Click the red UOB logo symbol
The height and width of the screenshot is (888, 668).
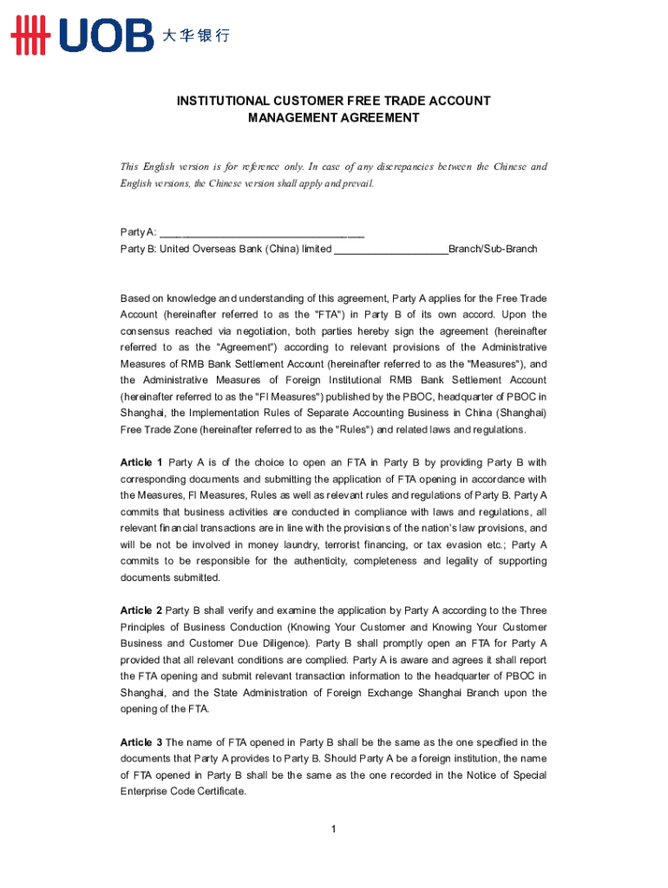tap(31, 35)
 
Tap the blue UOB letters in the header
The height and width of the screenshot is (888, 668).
tap(106, 35)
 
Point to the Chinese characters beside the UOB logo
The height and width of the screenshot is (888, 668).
tap(196, 36)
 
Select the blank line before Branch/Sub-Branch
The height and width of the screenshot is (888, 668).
tap(390, 249)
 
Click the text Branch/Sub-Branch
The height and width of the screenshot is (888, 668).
tap(493, 249)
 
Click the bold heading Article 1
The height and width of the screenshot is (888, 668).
tap(141, 462)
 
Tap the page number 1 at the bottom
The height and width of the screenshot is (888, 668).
tap(333, 830)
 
